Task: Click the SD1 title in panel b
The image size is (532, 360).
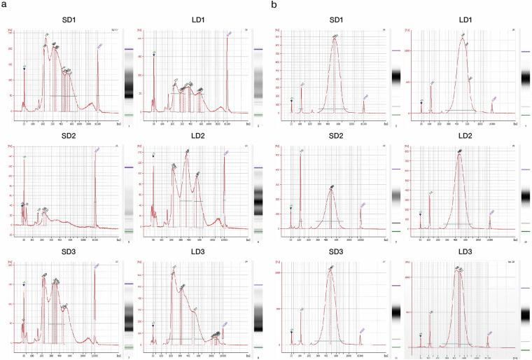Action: tap(334, 18)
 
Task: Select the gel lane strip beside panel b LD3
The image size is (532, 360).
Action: tap(526, 312)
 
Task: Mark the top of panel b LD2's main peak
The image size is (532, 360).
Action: tap(459, 153)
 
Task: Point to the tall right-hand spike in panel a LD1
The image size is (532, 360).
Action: tap(227, 36)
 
